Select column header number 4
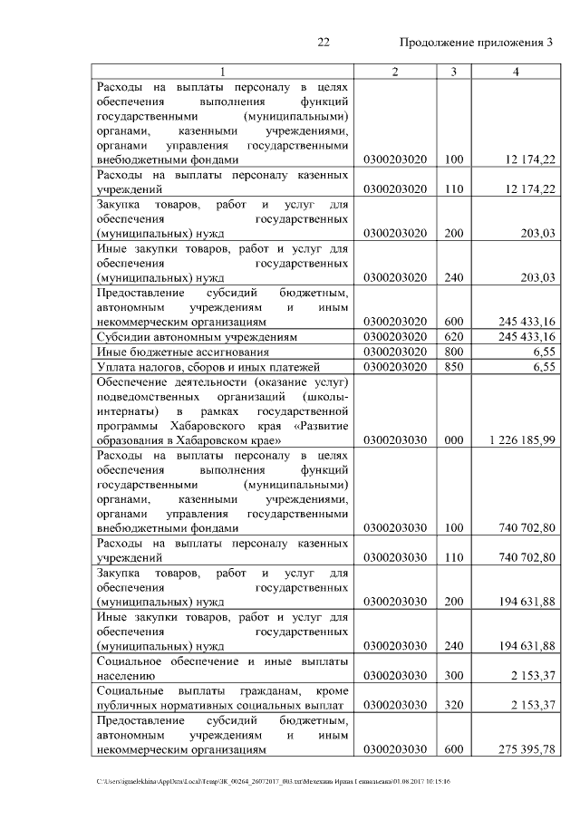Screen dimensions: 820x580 [x=515, y=72]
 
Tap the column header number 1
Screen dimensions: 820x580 [x=222, y=72]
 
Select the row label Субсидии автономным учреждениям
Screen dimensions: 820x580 [x=188, y=336]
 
